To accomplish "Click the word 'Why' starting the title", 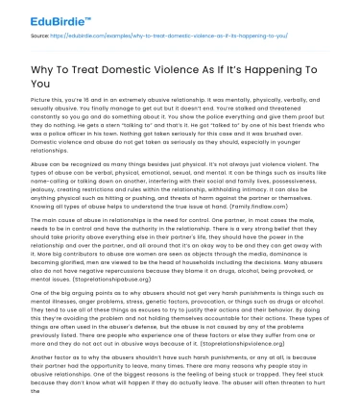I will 45,75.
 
